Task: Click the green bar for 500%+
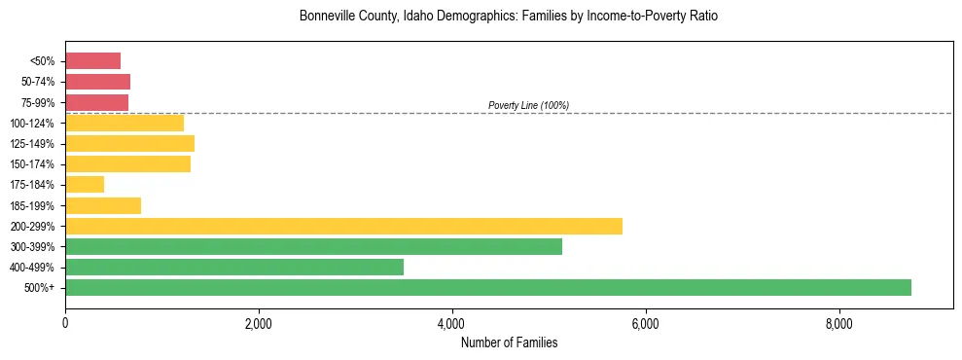click(x=488, y=287)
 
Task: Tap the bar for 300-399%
click(x=313, y=246)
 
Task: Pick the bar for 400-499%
click(x=234, y=267)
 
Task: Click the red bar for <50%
click(x=92, y=61)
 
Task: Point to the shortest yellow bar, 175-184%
click(x=85, y=185)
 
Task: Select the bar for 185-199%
click(x=103, y=205)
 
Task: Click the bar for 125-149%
click(x=129, y=144)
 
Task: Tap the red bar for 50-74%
click(x=97, y=82)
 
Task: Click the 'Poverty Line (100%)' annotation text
click(x=528, y=105)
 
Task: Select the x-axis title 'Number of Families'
click(x=509, y=342)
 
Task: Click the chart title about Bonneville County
click(x=509, y=17)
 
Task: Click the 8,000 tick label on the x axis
click(x=838, y=323)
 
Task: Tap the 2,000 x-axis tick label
click(x=259, y=323)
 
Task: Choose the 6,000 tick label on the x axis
click(x=645, y=323)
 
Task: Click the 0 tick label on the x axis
click(x=65, y=323)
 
